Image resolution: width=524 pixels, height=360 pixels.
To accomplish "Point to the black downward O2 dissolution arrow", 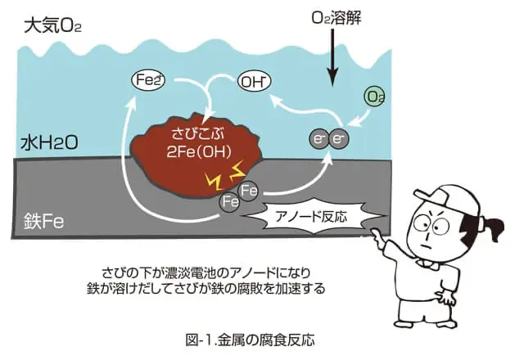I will click(332, 61).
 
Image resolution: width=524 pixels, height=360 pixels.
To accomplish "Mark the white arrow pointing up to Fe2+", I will click(129, 147).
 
